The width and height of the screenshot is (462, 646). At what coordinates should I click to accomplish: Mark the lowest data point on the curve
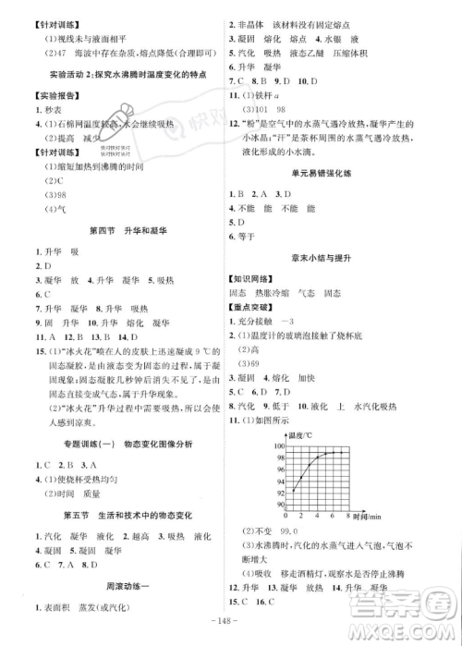click(x=293, y=489)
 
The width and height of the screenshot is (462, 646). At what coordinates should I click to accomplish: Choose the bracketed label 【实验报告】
click(x=37, y=95)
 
